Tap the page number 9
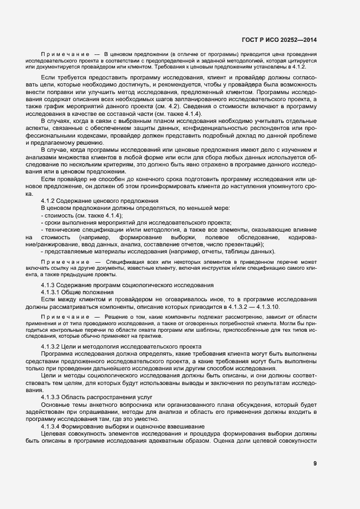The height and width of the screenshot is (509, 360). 315,463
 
